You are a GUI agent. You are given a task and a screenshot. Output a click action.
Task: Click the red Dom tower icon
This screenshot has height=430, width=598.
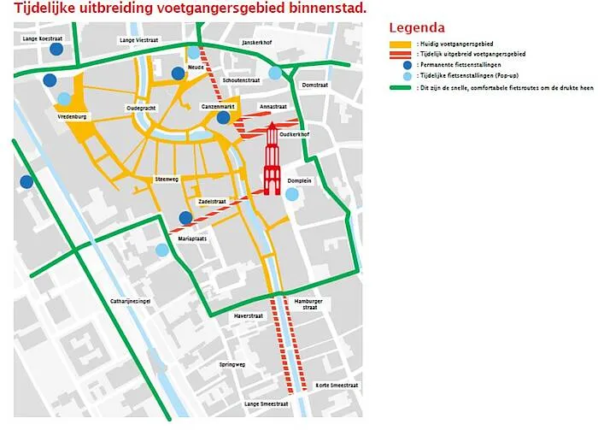tap(271, 159)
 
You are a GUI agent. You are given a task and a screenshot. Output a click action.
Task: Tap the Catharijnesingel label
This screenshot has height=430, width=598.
tap(131, 302)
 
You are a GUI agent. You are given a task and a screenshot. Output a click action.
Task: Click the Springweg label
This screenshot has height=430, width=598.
tap(232, 365)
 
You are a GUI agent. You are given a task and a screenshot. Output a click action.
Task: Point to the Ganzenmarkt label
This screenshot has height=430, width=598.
tap(217, 105)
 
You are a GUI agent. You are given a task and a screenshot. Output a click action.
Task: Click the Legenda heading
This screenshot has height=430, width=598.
tap(417, 28)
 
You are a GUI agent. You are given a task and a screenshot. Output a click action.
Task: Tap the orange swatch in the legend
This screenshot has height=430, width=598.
tap(398, 44)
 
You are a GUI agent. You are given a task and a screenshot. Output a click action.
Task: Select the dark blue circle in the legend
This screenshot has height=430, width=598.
tap(397, 64)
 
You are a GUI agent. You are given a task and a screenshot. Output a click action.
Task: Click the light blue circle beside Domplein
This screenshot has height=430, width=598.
tap(292, 195)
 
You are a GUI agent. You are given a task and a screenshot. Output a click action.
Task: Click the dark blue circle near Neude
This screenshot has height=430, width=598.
tap(178, 74)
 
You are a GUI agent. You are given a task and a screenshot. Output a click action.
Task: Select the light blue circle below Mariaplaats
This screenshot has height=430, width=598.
tap(162, 250)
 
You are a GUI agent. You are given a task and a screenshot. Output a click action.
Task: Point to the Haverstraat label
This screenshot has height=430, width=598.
tap(248, 316)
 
